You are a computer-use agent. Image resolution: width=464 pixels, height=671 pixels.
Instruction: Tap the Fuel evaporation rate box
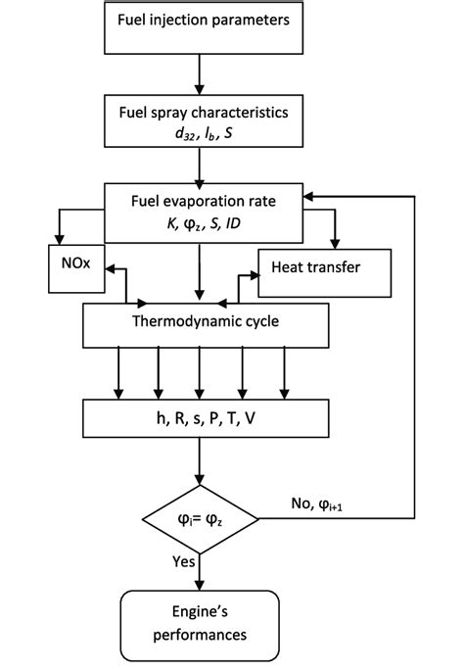coord(200,212)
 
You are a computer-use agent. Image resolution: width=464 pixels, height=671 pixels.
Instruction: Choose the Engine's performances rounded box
coord(200,621)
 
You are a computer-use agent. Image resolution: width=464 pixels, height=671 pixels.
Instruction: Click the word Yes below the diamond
coord(182,563)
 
